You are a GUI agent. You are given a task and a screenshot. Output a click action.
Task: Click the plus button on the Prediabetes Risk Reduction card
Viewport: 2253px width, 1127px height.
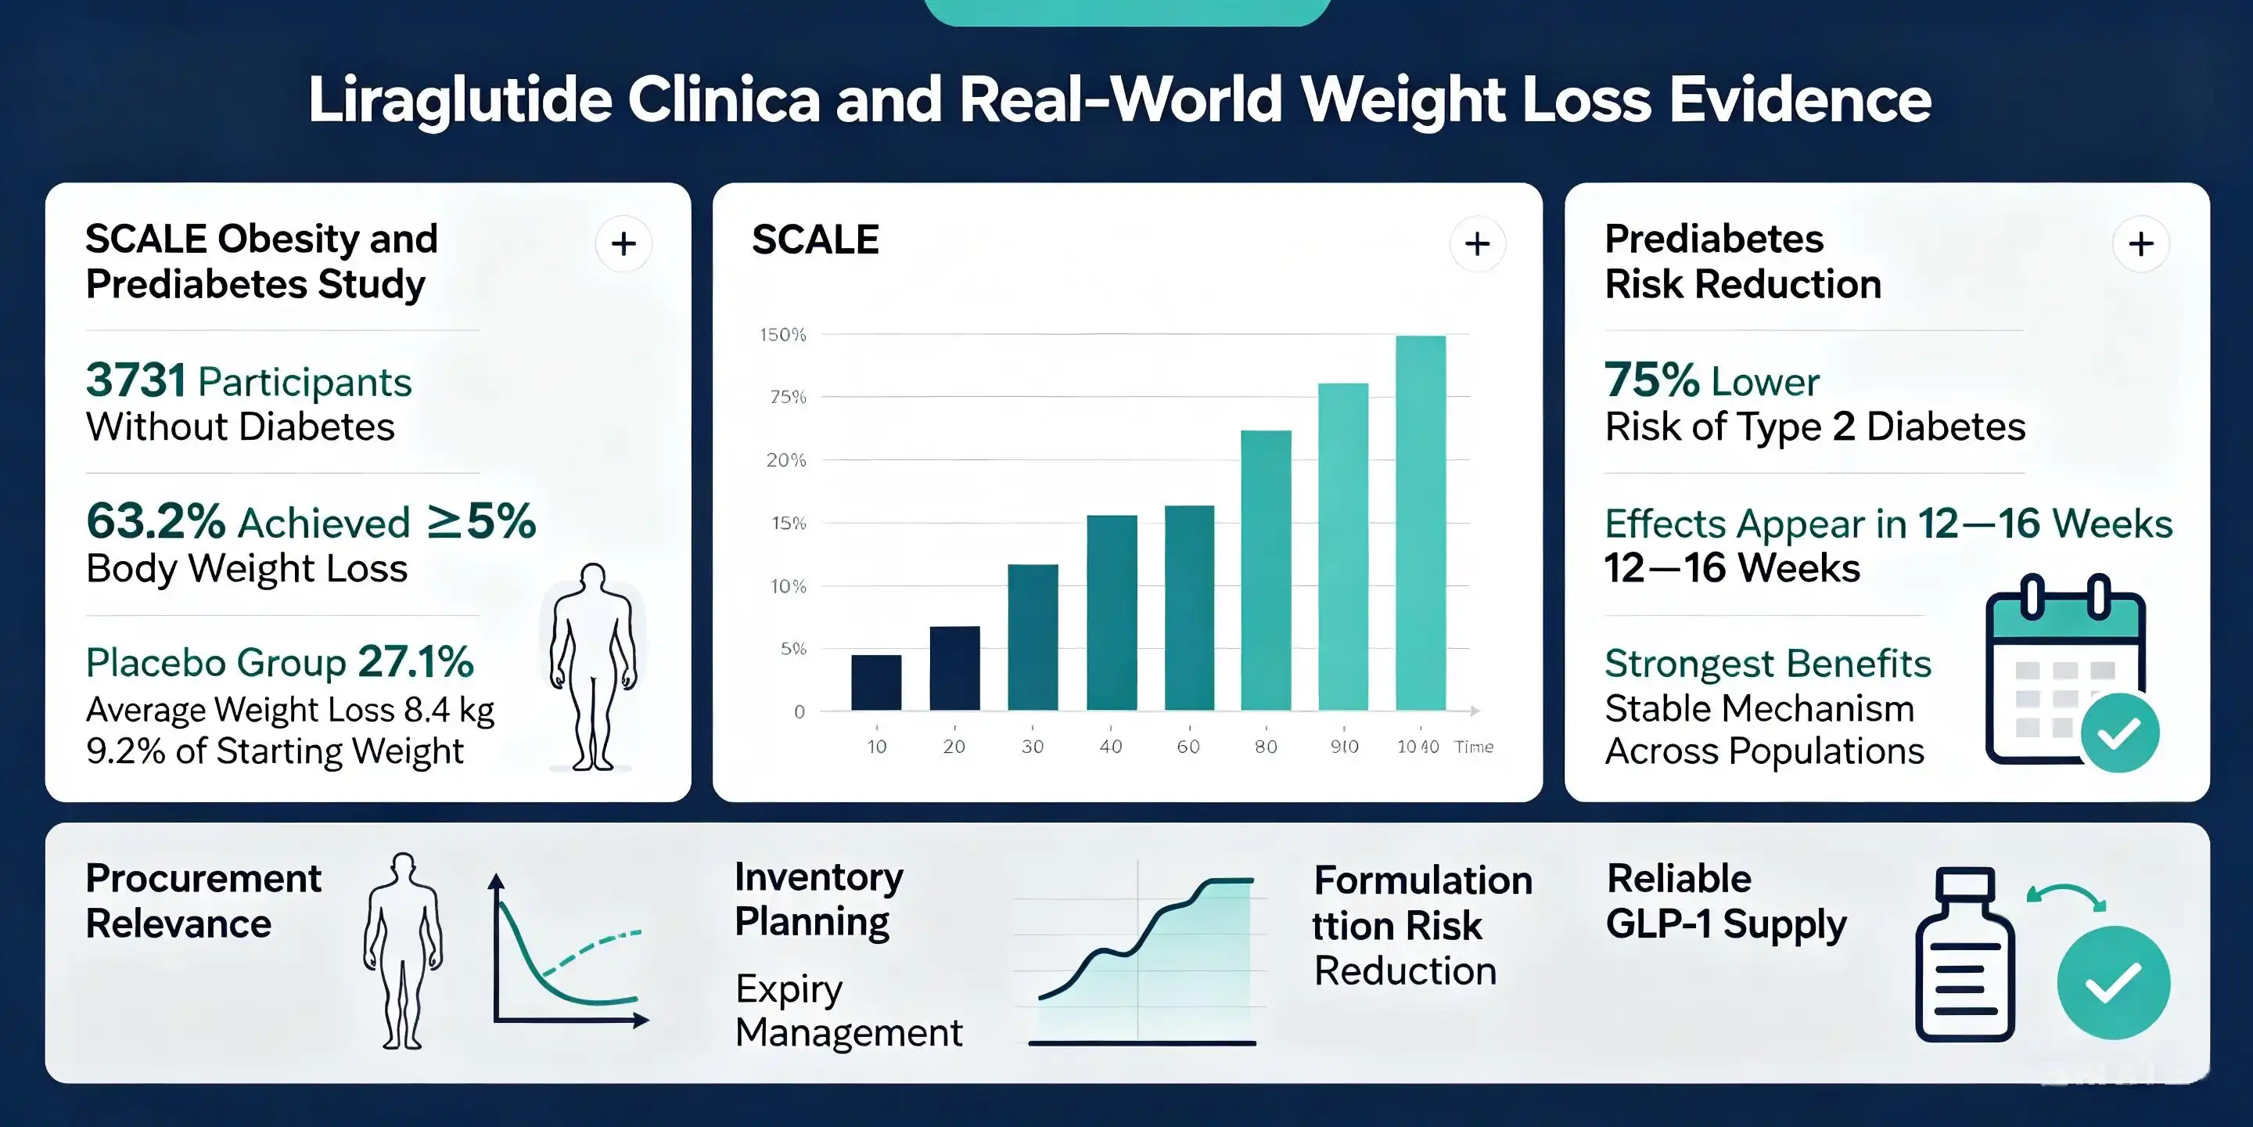(x=2140, y=243)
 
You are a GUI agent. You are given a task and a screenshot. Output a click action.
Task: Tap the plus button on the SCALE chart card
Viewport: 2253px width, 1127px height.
(x=1477, y=243)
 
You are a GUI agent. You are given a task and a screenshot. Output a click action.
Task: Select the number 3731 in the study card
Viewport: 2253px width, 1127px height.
(x=135, y=380)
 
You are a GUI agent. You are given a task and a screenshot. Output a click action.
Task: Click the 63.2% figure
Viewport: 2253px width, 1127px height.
(x=156, y=521)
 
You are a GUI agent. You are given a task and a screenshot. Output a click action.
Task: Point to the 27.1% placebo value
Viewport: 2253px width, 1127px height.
(x=415, y=661)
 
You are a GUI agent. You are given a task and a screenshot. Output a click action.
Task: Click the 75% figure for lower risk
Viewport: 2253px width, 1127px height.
(x=1652, y=380)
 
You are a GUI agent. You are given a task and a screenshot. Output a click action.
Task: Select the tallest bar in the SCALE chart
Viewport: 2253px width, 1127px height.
(x=1421, y=522)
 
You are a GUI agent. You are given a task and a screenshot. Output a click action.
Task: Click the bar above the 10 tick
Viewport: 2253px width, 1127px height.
(x=876, y=682)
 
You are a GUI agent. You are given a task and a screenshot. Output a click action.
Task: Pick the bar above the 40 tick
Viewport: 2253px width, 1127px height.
(x=1112, y=613)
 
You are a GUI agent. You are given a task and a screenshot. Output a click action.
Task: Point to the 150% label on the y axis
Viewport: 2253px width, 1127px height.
(x=783, y=334)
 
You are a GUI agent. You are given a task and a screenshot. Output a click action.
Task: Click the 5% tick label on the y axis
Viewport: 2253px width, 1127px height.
(x=793, y=648)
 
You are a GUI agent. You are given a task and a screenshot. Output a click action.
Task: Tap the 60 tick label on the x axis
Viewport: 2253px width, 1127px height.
(x=1188, y=747)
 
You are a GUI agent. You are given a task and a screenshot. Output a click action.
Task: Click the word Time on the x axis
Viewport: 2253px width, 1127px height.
(x=1474, y=747)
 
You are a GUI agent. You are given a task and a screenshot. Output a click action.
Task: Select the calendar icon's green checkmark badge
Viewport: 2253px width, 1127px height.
(x=2120, y=733)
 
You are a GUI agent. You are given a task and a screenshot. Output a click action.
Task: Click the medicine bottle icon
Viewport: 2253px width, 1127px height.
(x=1964, y=954)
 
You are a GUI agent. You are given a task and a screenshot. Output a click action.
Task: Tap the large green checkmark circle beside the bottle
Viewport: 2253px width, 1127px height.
(x=2113, y=981)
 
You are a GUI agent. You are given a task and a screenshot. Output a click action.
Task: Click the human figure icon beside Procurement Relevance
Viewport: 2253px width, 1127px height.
(x=403, y=950)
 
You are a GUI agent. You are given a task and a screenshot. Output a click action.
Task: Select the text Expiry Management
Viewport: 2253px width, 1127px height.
(x=848, y=1010)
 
